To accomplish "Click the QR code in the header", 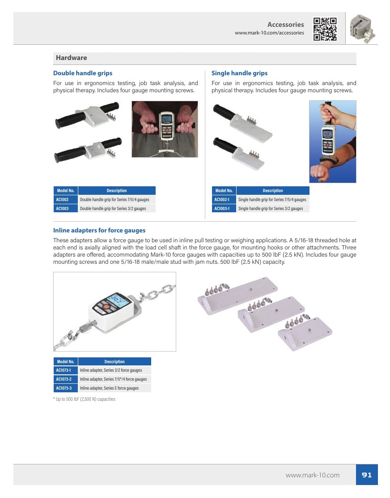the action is (325, 29).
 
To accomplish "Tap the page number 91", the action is (367, 475).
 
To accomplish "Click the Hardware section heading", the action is (72, 58).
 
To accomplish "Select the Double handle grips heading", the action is (83, 73).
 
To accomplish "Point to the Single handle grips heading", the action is (239, 73).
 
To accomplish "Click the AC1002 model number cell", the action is (66, 199).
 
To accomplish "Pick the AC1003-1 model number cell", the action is (224, 208).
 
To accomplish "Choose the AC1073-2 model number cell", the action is (66, 379).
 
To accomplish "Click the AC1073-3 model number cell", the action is (66, 388).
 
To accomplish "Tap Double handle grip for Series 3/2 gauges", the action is (113, 208).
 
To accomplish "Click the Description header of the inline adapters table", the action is (114, 361).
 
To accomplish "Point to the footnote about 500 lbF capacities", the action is (85, 399).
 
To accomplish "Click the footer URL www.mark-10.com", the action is (312, 475).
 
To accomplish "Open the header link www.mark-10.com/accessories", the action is (269, 33).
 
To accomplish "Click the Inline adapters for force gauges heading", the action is (99, 230).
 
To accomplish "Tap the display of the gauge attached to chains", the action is (118, 300).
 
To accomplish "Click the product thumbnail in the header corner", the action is (362, 29).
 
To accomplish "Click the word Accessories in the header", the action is (286, 25).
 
